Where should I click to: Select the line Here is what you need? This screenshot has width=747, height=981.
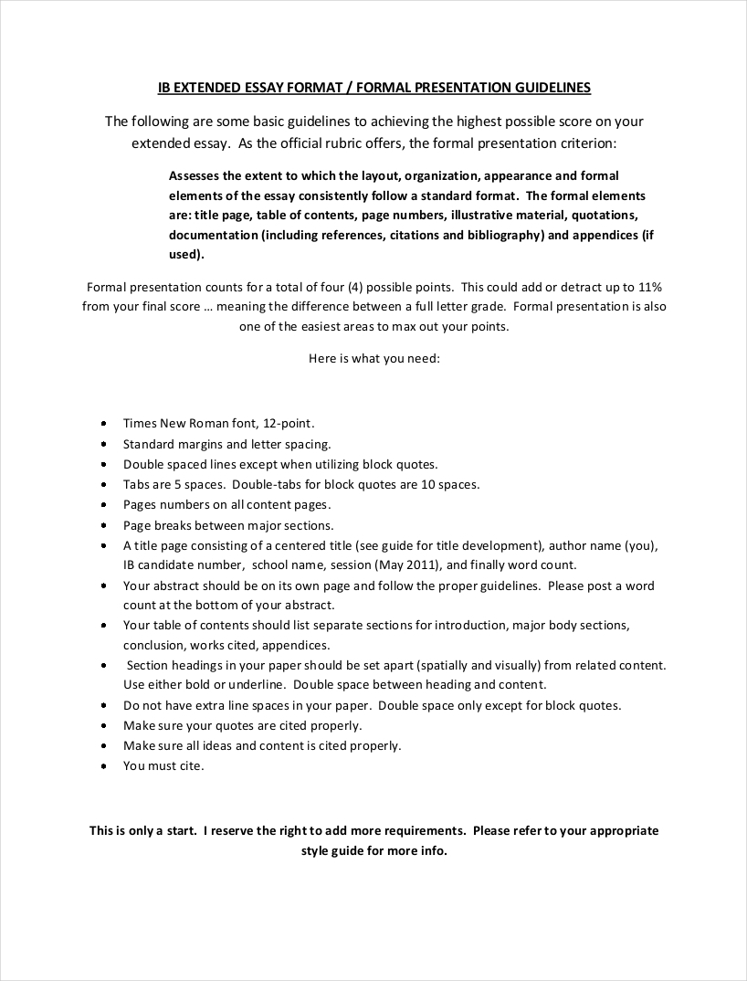coord(374,359)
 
